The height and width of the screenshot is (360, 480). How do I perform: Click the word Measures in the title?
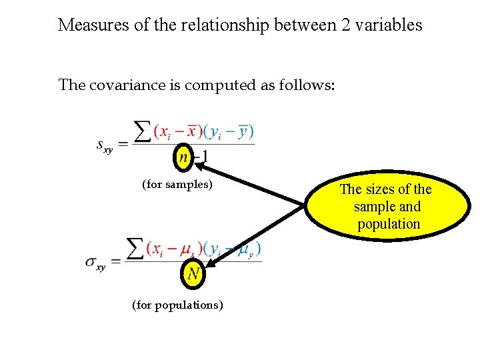click(89, 25)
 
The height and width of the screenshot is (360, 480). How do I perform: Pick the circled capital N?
click(192, 274)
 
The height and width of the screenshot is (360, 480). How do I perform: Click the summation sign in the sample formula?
click(142, 131)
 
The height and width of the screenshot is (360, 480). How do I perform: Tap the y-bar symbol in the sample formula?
click(244, 131)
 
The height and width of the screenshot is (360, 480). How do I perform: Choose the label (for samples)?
click(177, 184)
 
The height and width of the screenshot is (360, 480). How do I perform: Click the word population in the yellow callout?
click(389, 224)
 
